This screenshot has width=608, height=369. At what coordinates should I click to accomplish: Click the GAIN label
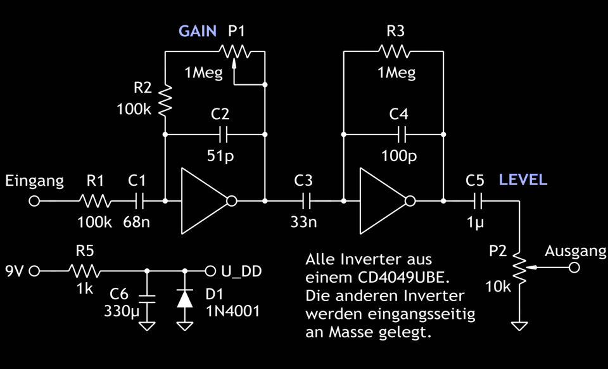coord(198,31)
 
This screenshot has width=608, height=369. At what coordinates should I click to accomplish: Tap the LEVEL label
coord(522,179)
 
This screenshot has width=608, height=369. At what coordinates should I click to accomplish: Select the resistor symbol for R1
coord(95,202)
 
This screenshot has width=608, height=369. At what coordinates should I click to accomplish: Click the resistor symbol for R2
coord(165,101)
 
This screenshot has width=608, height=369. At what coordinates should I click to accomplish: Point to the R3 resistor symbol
coord(394,51)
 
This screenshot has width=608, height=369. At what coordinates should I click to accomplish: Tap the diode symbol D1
coord(185,297)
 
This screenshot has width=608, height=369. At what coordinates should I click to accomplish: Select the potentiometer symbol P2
coord(519,268)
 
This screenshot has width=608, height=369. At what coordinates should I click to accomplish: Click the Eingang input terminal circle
coord(35,202)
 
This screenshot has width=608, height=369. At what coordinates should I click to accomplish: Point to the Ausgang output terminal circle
coord(574,268)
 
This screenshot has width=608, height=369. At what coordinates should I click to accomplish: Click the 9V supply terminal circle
coord(35,271)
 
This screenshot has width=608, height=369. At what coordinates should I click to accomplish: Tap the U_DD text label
coord(241,272)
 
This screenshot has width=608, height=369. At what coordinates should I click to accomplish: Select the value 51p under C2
coord(220,155)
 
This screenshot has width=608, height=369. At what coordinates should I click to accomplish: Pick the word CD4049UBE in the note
coord(397,278)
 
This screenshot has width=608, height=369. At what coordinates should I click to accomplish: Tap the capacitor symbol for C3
coord(305,202)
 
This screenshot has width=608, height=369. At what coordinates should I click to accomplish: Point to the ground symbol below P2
coord(519,326)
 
